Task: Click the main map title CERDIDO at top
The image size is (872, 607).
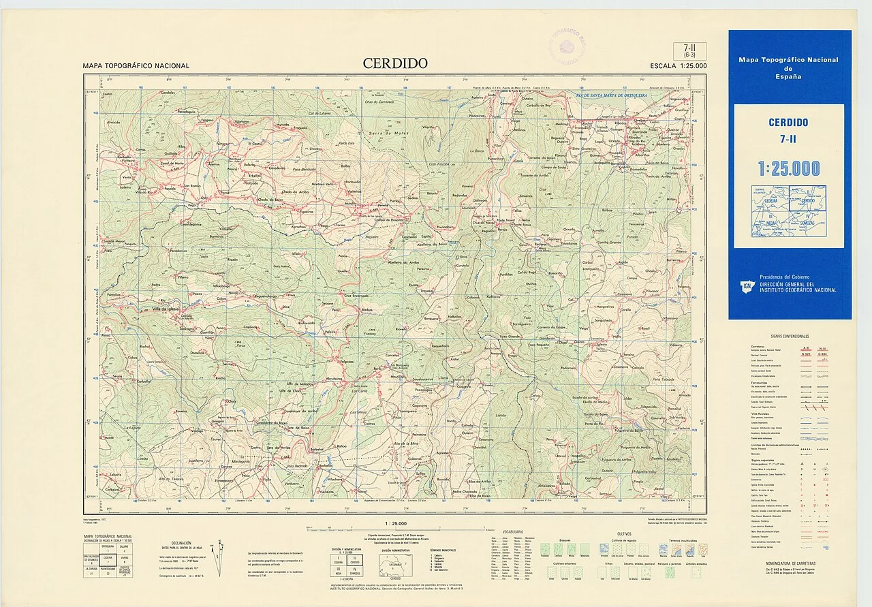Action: (395, 63)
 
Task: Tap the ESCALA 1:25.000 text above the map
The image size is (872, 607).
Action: (678, 66)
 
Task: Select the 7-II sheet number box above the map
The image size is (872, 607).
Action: (694, 50)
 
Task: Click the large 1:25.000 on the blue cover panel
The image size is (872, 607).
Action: (789, 168)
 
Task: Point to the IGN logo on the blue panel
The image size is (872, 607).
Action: (748, 287)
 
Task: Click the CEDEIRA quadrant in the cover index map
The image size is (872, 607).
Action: (770, 201)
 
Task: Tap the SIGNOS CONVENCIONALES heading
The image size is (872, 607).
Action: (790, 337)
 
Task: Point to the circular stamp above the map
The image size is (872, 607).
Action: (567, 46)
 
